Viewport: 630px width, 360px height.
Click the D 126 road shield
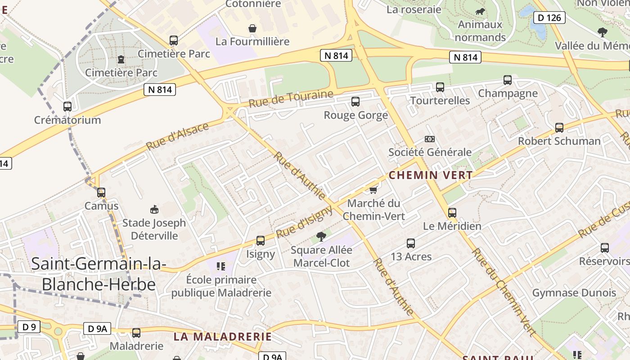pyautogui.click(x=549, y=18)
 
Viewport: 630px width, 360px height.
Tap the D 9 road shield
pyautogui.click(x=29, y=327)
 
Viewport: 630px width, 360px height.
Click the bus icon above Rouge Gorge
pyautogui.click(x=355, y=102)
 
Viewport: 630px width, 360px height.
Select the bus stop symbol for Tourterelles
pyautogui.click(x=440, y=87)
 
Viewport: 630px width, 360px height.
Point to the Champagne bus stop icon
pyautogui.click(x=508, y=80)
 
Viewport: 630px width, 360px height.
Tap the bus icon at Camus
pyautogui.click(x=101, y=193)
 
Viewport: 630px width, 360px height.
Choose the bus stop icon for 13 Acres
pyautogui.click(x=411, y=243)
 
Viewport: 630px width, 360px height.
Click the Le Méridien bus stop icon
pyautogui.click(x=452, y=213)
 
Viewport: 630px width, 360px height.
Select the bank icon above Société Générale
pyautogui.click(x=430, y=139)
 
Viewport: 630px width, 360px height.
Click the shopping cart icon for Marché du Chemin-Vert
pyautogui.click(x=373, y=190)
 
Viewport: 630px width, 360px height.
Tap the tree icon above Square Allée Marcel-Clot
pyautogui.click(x=321, y=236)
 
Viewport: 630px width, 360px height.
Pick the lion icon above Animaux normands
pyautogui.click(x=480, y=11)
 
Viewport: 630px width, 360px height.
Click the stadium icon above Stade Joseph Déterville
pyautogui.click(x=154, y=209)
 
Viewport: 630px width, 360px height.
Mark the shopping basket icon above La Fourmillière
pyautogui.click(x=252, y=28)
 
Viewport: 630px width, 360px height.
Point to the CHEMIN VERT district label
pyautogui.click(x=431, y=175)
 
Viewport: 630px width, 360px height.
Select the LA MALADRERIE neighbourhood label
pyautogui.click(x=223, y=337)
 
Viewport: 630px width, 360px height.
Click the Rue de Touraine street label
pyautogui.click(x=291, y=99)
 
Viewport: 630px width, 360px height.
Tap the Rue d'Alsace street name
pyautogui.click(x=177, y=136)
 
